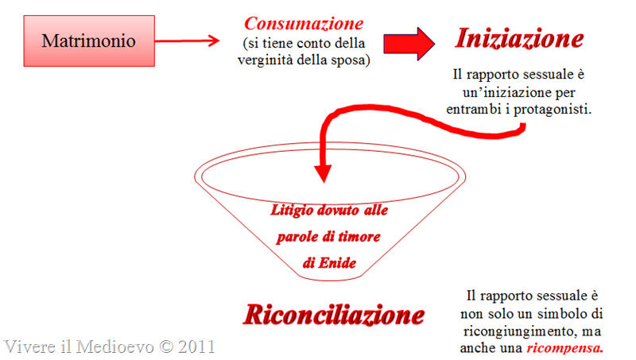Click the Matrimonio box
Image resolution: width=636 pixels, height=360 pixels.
(x=89, y=41)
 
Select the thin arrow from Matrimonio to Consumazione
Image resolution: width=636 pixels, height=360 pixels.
(x=187, y=41)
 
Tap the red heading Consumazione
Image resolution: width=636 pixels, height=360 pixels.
(x=304, y=24)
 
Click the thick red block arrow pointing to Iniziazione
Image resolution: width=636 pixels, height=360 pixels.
(x=409, y=44)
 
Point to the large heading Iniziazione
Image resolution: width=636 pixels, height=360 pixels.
(x=520, y=38)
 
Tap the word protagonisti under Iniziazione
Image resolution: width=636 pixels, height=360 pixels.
(x=552, y=110)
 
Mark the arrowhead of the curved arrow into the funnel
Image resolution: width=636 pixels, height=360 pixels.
(x=324, y=173)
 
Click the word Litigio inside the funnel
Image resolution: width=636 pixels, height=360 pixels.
(x=292, y=211)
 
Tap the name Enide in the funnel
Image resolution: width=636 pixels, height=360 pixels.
(x=337, y=263)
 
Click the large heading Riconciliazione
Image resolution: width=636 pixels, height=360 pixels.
(x=334, y=315)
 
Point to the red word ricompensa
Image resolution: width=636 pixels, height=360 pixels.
(x=564, y=348)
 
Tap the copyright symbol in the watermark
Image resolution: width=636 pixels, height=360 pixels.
(x=166, y=346)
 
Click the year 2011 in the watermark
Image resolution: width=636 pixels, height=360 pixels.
(x=196, y=346)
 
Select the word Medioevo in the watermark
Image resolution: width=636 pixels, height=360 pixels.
(x=115, y=346)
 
